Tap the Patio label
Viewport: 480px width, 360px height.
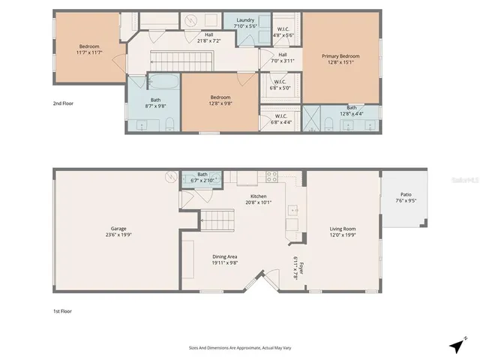[405, 196]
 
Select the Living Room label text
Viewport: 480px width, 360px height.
[343, 229]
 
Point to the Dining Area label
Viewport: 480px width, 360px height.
[226, 257]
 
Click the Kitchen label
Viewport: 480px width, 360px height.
[258, 196]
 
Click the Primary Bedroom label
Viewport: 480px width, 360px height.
[340, 56]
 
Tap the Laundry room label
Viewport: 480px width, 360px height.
[245, 20]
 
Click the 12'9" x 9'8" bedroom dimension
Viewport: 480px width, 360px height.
[220, 103]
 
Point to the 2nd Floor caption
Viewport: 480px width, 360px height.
[63, 103]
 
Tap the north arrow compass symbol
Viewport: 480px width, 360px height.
[456, 346]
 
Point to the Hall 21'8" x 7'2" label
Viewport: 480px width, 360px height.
[208, 38]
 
